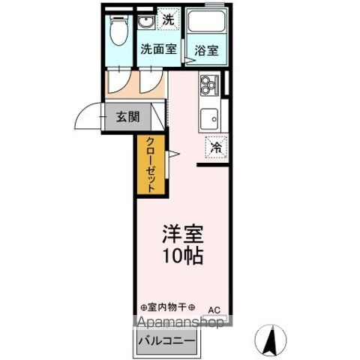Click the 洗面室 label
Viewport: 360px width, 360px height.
click(x=158, y=50)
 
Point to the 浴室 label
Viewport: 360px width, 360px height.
click(x=207, y=51)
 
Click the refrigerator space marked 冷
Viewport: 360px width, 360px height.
click(x=215, y=148)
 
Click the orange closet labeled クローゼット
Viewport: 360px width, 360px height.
click(x=150, y=166)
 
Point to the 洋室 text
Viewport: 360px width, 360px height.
click(x=181, y=232)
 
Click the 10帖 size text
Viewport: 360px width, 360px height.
click(x=181, y=254)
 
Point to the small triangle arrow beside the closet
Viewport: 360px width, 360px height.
click(x=172, y=155)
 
